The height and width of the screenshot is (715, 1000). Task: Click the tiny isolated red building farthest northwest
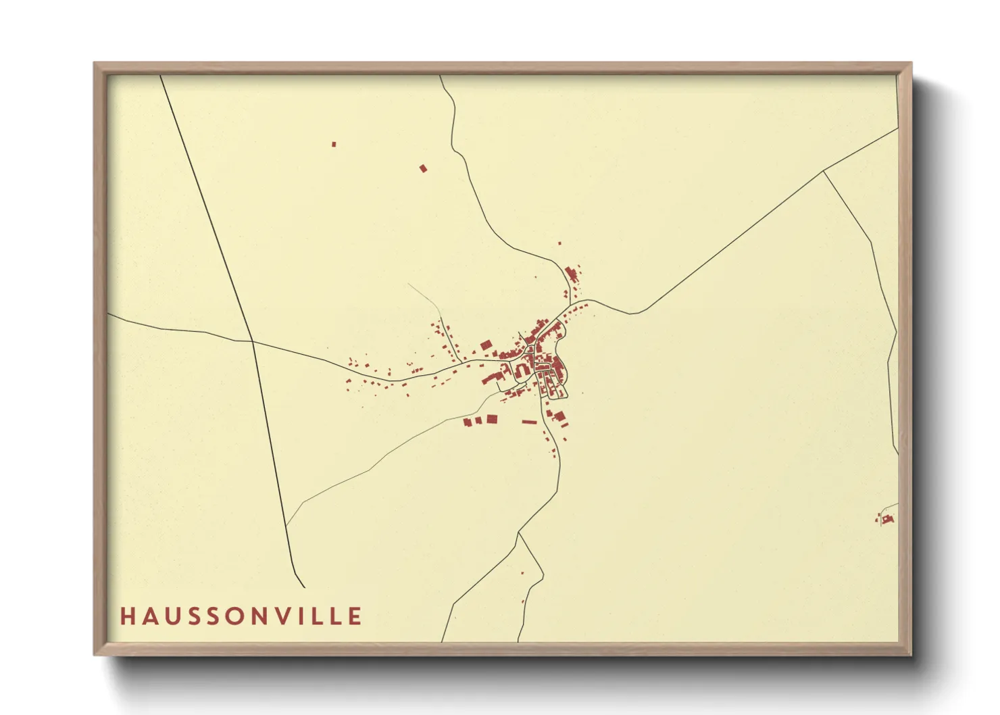point(334,144)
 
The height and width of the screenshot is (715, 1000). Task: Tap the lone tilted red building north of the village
point(424,168)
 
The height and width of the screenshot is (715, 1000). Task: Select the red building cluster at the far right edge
point(887,519)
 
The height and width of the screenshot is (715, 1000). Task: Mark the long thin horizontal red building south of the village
point(529,422)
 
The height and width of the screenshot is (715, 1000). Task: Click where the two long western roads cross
point(252,341)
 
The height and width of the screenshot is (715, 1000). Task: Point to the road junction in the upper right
point(823,171)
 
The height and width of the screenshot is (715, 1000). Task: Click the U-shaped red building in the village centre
point(522,370)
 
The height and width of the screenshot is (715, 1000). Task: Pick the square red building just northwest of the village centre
point(485,346)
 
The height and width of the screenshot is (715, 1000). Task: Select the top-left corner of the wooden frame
point(95,64)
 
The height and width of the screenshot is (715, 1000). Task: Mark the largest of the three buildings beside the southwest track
point(492,419)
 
